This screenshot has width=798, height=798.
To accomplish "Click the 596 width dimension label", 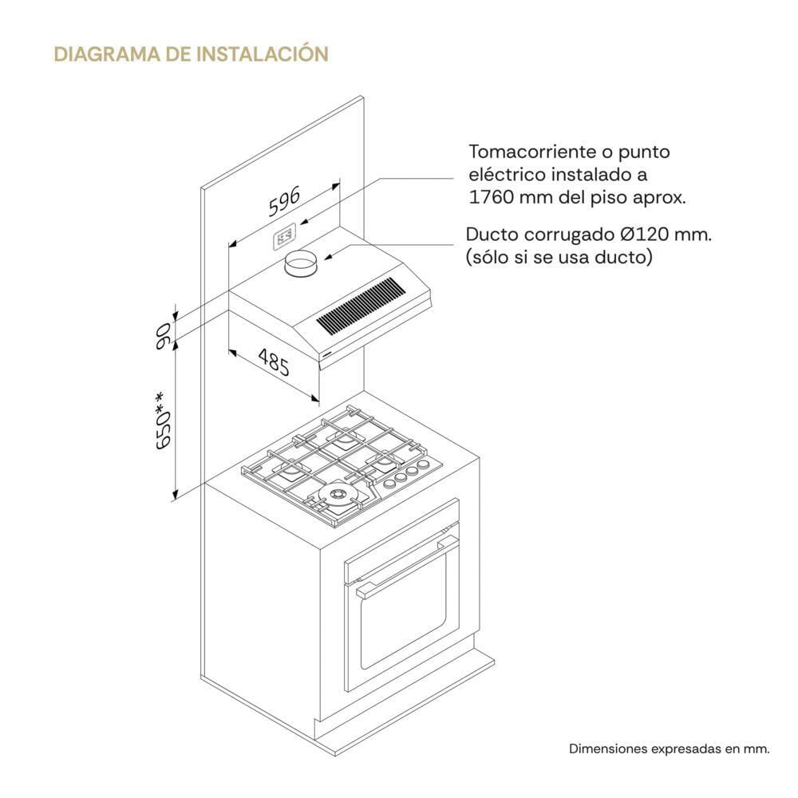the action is click(x=284, y=201).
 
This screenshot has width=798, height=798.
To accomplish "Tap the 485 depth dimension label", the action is click(x=274, y=361).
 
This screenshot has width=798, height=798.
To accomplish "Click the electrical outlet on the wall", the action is click(x=285, y=237).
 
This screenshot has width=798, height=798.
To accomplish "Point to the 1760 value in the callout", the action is click(x=490, y=197).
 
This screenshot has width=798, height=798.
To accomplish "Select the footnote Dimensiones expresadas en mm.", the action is click(x=670, y=749).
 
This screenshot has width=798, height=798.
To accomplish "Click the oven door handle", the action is click(x=407, y=564).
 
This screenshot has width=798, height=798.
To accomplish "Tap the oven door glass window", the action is click(x=403, y=611).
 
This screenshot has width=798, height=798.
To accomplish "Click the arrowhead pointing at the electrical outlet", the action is click(x=304, y=222).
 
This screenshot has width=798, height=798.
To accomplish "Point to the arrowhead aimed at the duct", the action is click(x=329, y=257).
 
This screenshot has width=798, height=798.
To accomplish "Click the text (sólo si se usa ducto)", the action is click(x=559, y=257).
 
